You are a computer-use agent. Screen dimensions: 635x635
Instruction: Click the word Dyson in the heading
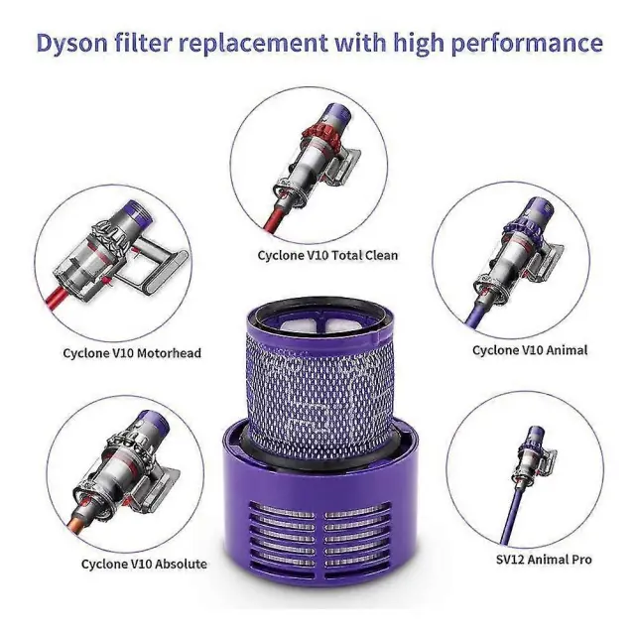(x=71, y=43)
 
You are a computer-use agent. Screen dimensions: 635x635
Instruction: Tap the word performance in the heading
(x=527, y=43)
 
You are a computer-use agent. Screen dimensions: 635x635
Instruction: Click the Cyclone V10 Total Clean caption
(x=327, y=256)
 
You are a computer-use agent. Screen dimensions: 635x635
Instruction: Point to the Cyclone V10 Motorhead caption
(x=132, y=353)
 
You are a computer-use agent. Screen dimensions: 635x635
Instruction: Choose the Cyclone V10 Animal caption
(x=530, y=350)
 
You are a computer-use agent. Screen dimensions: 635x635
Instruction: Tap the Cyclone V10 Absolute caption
(x=144, y=565)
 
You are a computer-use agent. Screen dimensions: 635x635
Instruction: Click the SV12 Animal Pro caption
(x=544, y=560)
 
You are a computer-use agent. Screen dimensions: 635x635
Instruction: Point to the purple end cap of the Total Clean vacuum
(x=339, y=115)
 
